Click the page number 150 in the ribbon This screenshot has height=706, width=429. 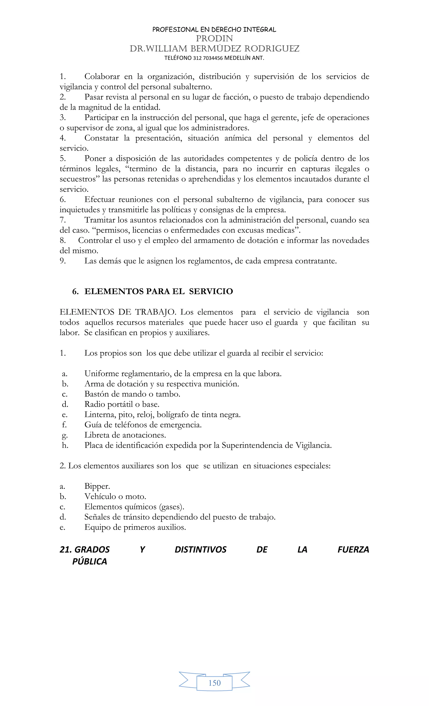coord(214,683)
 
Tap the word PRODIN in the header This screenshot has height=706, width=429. coord(214,38)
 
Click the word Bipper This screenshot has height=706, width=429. coord(97,486)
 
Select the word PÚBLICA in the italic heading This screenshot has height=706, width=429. coord(89,562)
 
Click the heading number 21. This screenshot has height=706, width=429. coord(65,550)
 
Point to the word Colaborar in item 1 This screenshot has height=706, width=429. coord(102,76)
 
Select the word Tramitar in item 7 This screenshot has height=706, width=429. coord(99,220)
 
